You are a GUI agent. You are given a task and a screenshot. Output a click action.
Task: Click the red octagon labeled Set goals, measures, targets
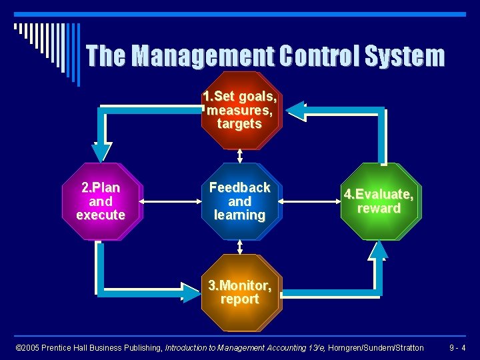239,110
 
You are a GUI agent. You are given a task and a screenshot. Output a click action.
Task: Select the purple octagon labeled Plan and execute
101,201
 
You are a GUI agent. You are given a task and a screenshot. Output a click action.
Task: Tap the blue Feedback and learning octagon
239,201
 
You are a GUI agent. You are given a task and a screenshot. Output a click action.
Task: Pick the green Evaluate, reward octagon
379,201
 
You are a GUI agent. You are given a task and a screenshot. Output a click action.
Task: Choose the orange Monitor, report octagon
239,293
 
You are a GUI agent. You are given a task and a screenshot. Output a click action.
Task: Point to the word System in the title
405,56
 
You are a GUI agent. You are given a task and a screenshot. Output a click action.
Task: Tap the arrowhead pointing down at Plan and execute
101,153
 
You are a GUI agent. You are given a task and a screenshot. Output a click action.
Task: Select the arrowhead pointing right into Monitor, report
190,293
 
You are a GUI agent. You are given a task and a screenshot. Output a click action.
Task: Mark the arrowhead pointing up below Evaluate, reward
379,250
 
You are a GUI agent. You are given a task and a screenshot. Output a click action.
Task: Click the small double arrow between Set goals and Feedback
239,155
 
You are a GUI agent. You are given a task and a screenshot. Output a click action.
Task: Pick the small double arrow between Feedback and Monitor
239,247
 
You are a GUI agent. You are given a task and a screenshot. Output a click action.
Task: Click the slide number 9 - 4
457,347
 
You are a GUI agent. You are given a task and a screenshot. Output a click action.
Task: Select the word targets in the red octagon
239,124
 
